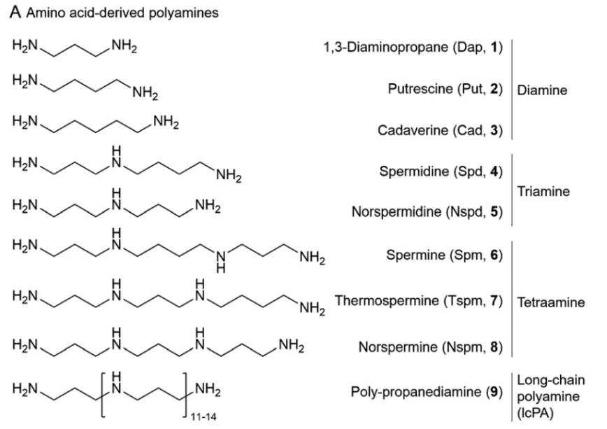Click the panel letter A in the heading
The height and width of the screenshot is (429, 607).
(15, 12)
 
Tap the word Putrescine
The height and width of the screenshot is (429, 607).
(420, 89)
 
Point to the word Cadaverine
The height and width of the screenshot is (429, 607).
(413, 130)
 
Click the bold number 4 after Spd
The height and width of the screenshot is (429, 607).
(494, 171)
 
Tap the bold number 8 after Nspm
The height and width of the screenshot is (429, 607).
(494, 347)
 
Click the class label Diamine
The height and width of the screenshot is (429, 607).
(542, 90)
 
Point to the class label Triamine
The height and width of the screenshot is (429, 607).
(543, 192)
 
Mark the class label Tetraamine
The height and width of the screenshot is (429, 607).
(551, 302)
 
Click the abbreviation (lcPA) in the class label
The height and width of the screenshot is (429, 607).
(536, 414)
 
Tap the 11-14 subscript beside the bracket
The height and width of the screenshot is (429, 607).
(203, 417)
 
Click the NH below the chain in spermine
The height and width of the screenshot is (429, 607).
(221, 261)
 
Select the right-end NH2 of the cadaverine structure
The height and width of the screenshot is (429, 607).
(166, 122)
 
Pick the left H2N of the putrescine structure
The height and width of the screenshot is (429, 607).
(25, 80)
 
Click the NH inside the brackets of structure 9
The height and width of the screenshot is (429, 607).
(117, 383)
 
